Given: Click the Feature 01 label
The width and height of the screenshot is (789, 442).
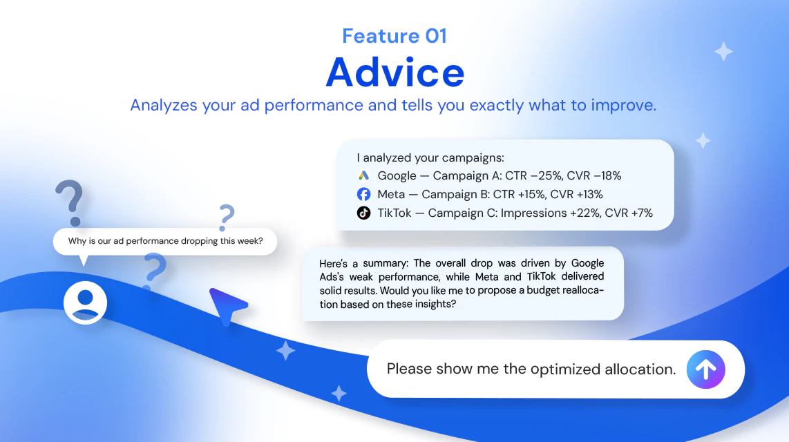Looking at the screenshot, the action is pos(394,36).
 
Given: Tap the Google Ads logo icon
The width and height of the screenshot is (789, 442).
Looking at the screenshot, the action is pos(363,175).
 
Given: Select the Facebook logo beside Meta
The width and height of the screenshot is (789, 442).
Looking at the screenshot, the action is pos(363,194).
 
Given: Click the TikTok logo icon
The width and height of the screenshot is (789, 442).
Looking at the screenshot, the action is pos(363,213).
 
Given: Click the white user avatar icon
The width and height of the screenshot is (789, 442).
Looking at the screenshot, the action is pos(85,302).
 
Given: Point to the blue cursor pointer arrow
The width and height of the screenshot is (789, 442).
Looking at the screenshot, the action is pos(227,305).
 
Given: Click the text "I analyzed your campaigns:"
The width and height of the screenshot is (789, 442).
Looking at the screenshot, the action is pos(430,158).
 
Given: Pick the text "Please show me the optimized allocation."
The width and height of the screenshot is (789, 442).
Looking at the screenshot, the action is pos(531,369).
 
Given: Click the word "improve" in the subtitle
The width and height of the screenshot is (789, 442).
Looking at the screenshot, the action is pos(623,105).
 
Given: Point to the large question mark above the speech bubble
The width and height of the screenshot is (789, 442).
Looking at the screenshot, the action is pos(70,202).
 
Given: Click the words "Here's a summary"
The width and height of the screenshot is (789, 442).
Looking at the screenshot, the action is pos(364,263).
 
